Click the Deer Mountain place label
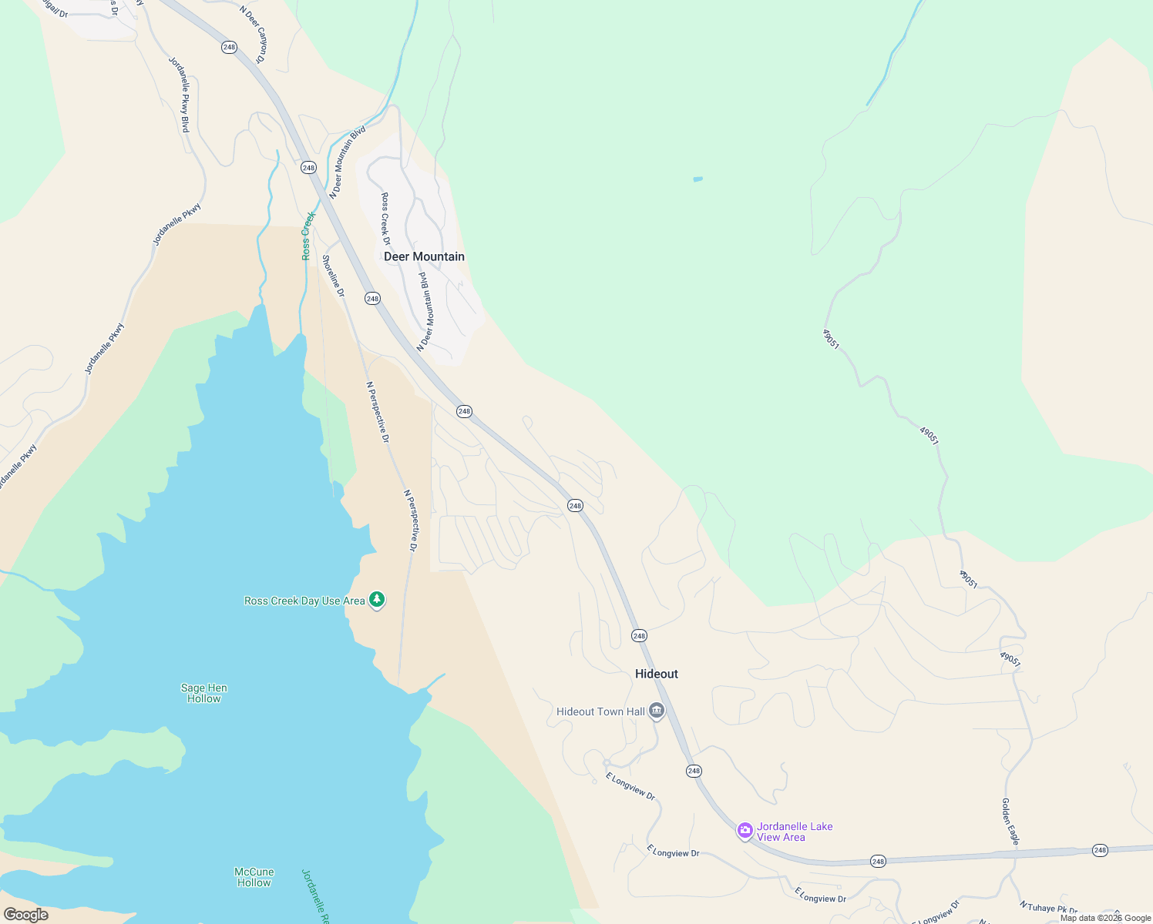click(424, 256)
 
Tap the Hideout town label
click(657, 674)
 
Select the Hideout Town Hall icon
click(657, 710)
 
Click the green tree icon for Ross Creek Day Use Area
click(377, 599)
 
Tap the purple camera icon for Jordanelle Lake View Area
click(745, 830)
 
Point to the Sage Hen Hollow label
click(204, 693)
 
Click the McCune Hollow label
click(254, 877)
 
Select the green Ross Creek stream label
click(308, 236)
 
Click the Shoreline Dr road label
click(333, 276)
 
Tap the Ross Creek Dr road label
click(385, 219)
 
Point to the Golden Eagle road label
click(1010, 821)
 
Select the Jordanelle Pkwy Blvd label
click(179, 94)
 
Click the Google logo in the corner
click(25, 915)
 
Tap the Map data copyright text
click(1105, 918)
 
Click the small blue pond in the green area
click(698, 179)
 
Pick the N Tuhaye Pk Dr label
click(1048, 909)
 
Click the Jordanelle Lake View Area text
click(794, 832)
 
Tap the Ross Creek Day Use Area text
click(304, 601)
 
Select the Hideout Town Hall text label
click(600, 711)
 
